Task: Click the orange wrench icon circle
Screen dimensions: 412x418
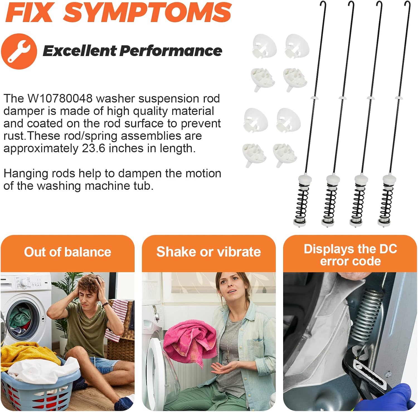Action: (19, 51)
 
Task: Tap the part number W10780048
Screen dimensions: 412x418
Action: (60, 99)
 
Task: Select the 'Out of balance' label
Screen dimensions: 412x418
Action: (67, 252)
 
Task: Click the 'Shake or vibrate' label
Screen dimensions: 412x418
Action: (208, 252)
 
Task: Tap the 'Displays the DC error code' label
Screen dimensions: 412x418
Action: (350, 255)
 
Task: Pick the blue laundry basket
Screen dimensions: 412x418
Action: (39, 387)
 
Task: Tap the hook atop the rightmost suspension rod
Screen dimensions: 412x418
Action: (407, 4)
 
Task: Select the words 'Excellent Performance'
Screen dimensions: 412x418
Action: (132, 51)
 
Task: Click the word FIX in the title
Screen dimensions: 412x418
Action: (29, 12)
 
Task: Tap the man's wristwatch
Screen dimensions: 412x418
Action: (105, 304)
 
